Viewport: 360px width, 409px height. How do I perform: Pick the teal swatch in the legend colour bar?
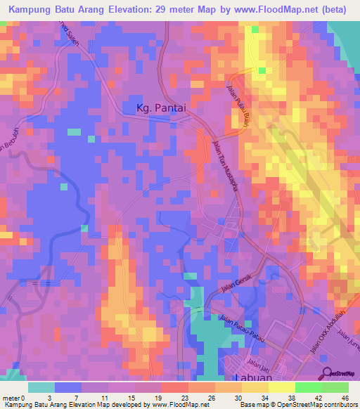click(x=41, y=387)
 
